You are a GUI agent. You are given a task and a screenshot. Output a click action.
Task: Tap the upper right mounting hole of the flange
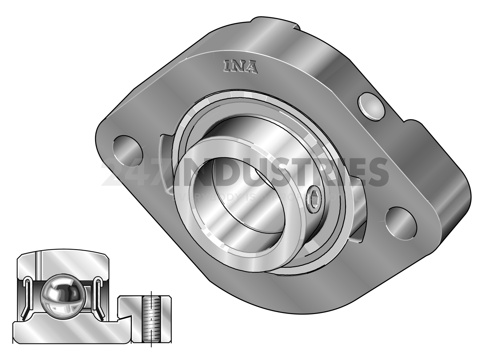tap(371, 106)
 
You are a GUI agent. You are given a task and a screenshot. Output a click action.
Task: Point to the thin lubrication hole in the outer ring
tap(39, 265)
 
